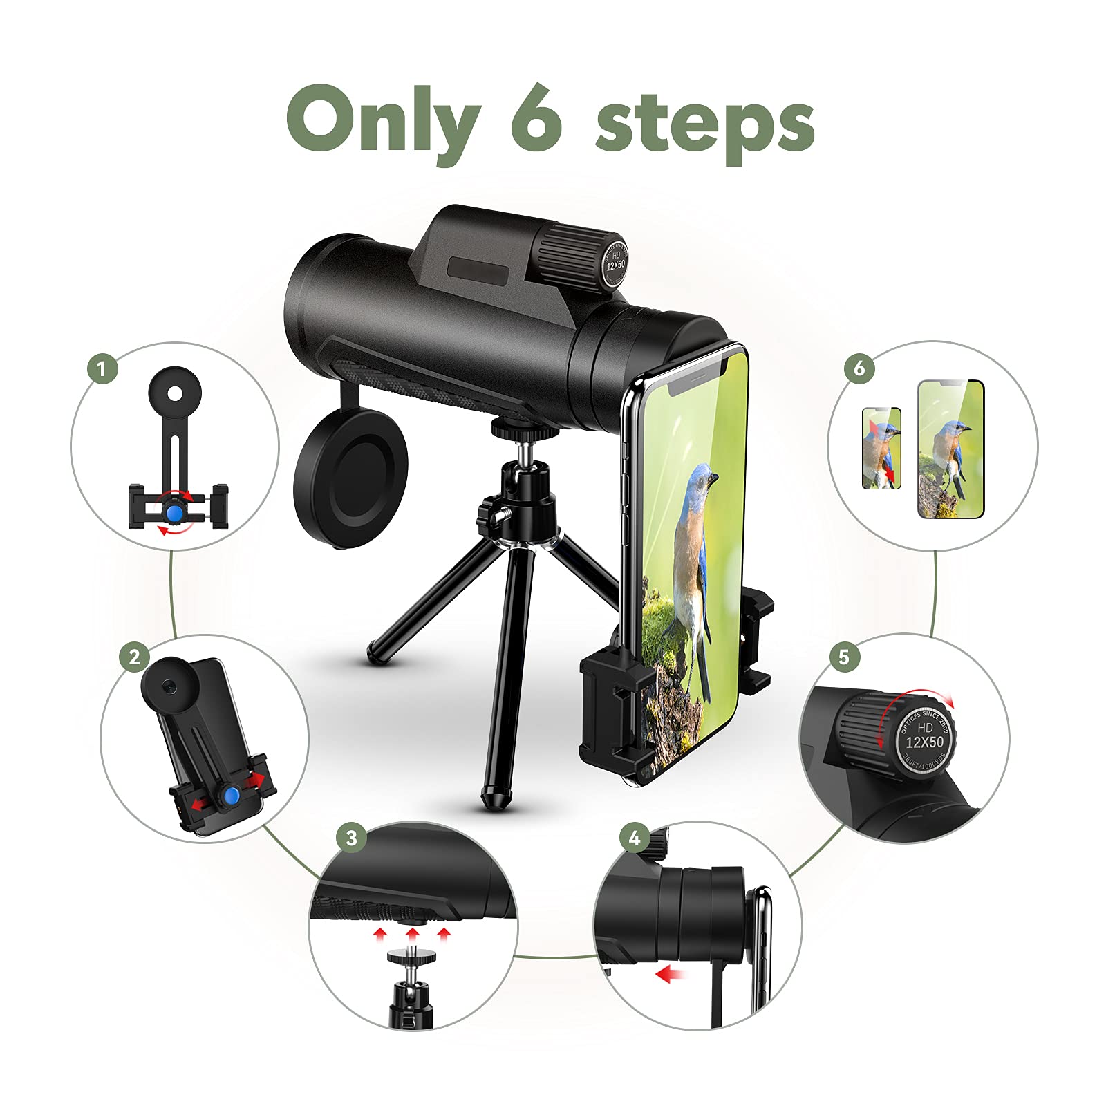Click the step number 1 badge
(102, 368)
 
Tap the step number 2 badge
(134, 656)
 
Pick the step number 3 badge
(351, 838)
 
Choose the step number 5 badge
(843, 656)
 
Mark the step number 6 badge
(859, 368)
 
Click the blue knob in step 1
(174, 512)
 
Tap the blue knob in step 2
(232, 796)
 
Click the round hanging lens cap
(350, 478)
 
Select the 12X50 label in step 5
(924, 742)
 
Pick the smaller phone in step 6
(881, 448)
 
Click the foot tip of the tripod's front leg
(493, 800)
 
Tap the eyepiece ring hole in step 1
(176, 394)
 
